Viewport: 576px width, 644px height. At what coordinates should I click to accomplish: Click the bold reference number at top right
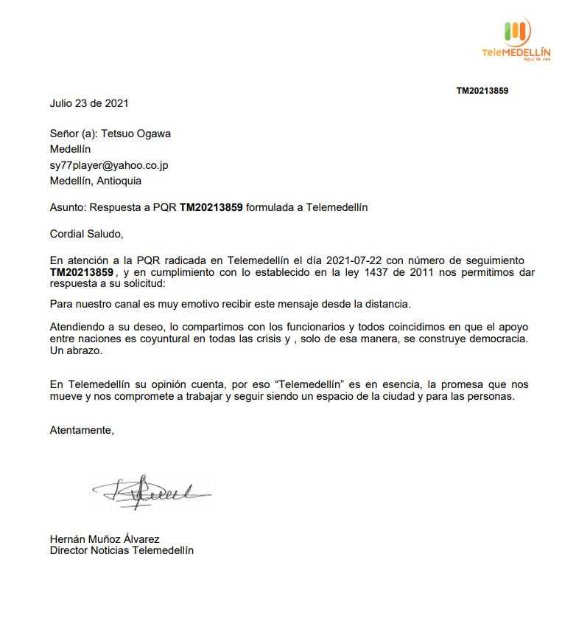coord(482,91)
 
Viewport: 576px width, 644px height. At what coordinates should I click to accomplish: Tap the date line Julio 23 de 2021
coord(89,103)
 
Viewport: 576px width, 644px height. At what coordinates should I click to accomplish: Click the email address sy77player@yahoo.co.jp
coord(109,165)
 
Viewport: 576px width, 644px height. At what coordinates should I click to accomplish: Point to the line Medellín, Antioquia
coord(96,181)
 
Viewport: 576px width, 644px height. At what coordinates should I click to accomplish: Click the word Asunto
coord(66,207)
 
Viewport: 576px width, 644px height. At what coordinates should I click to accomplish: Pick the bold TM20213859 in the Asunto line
coord(211,207)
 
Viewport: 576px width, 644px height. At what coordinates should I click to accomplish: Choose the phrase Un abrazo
coord(76,351)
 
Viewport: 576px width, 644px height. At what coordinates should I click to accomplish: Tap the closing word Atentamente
coord(82,430)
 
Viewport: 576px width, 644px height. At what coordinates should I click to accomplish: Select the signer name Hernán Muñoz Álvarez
coord(105,539)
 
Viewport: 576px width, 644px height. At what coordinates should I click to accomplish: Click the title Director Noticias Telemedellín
coord(122,550)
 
